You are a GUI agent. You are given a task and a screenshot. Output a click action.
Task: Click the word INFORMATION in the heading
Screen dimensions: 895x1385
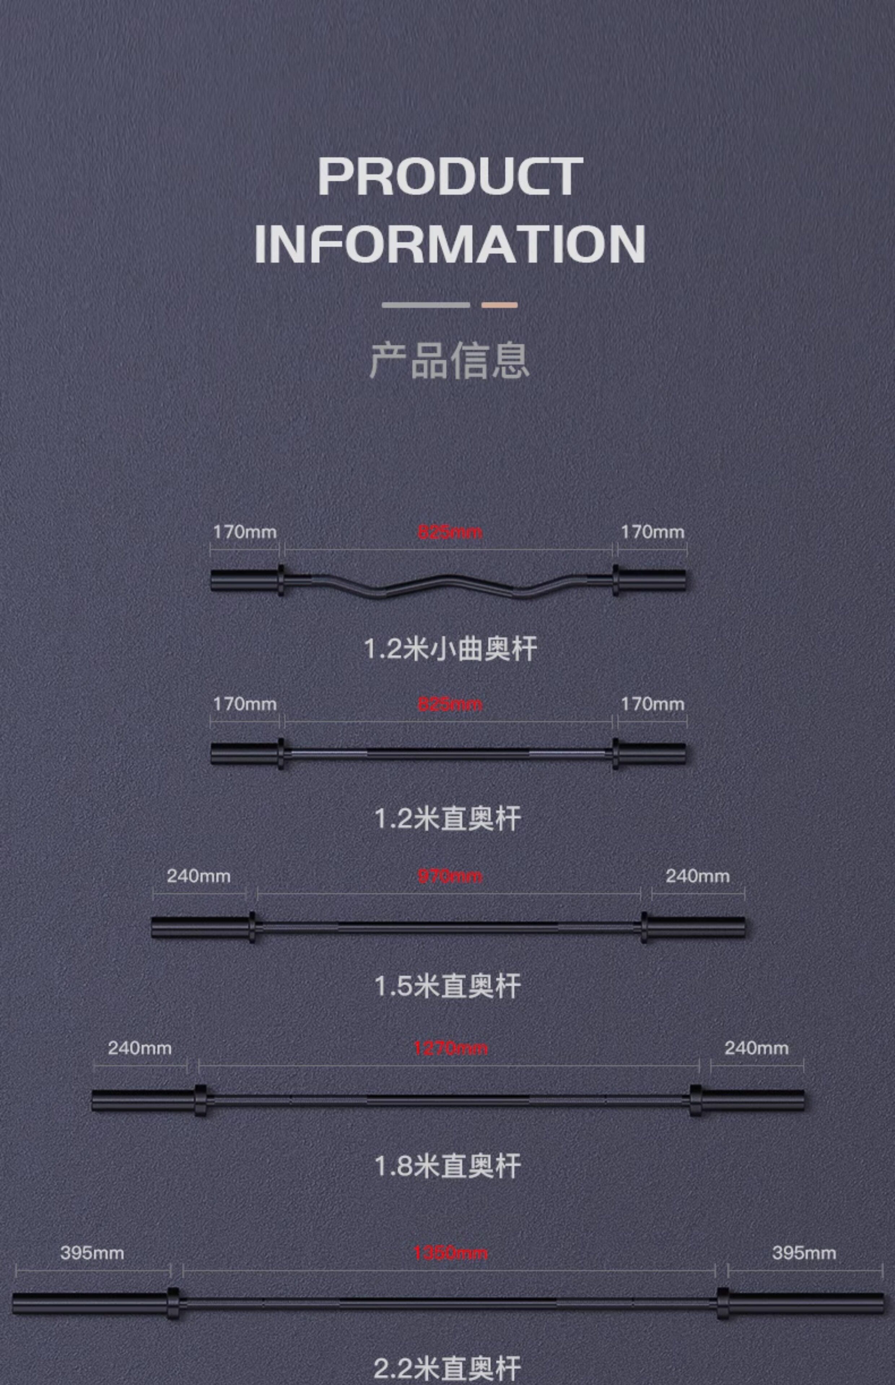[450, 244]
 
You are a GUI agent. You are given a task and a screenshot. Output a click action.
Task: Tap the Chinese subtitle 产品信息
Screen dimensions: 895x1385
[449, 360]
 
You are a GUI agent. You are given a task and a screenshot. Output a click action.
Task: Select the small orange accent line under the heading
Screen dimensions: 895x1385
[499, 305]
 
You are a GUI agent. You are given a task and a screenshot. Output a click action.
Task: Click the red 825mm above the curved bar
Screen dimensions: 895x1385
[450, 532]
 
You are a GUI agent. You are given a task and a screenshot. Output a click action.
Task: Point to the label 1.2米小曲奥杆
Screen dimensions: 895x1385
[450, 648]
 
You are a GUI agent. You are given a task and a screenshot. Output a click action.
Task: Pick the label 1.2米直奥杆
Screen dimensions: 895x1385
[447, 819]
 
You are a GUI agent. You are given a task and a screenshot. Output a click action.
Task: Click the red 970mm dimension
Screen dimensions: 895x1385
[450, 876]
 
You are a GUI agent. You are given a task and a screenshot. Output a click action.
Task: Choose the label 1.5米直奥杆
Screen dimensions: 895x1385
[447, 986]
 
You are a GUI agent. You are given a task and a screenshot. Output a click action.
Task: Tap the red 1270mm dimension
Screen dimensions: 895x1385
[450, 1048]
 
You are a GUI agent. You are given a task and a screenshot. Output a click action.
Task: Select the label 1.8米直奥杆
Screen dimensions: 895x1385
[447, 1166]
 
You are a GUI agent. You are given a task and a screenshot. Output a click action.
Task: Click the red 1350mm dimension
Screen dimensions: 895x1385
[450, 1253]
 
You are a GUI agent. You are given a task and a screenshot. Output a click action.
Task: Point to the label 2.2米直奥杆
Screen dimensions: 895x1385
[447, 1368]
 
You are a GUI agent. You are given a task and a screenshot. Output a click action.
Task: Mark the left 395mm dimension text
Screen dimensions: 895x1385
[92, 1253]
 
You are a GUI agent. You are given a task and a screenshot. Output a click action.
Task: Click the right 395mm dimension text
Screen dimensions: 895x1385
[804, 1253]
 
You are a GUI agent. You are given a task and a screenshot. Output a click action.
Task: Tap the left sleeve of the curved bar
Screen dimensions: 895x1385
[244, 580]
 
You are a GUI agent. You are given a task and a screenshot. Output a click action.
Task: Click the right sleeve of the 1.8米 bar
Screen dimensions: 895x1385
[752, 1100]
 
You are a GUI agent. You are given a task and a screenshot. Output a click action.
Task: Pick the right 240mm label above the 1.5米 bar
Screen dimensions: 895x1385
[697, 876]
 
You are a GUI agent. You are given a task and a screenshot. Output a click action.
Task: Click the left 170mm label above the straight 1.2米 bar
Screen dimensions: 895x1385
[245, 704]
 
